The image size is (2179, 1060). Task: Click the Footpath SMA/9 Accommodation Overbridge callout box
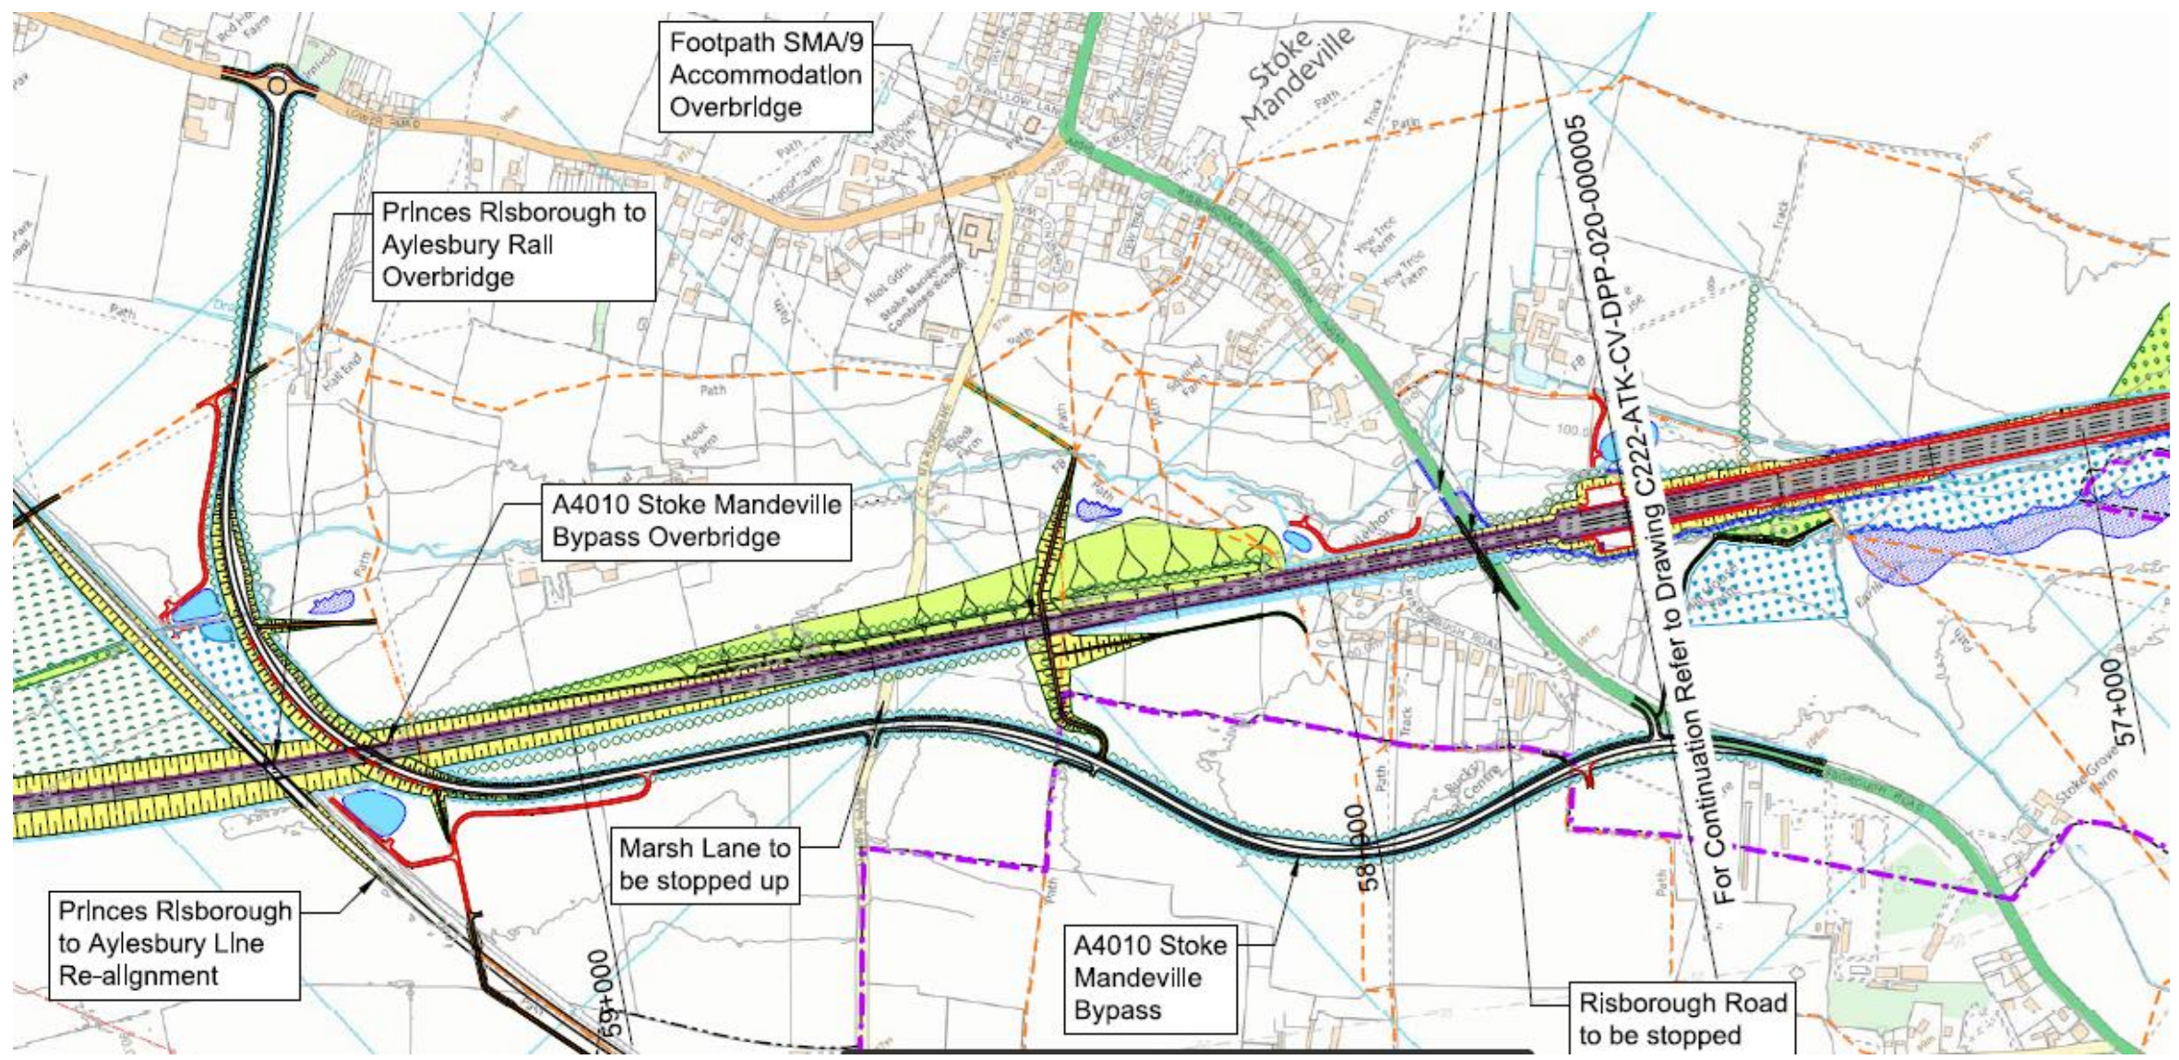[x=765, y=76]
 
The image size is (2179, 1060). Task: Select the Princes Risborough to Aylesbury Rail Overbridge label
[x=513, y=245]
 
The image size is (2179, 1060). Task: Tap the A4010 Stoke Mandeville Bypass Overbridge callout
[x=696, y=521]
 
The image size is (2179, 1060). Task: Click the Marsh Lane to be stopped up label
[x=704, y=864]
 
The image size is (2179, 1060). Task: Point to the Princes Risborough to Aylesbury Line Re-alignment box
[x=174, y=944]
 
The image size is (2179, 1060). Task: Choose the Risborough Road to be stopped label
[x=1682, y=1018]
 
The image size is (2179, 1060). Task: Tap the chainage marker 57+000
[x=2122, y=701]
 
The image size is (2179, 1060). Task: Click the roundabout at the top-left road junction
[x=275, y=86]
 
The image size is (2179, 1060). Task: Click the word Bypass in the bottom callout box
[x=1117, y=1010]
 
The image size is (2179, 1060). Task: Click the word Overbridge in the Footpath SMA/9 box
[x=736, y=108]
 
